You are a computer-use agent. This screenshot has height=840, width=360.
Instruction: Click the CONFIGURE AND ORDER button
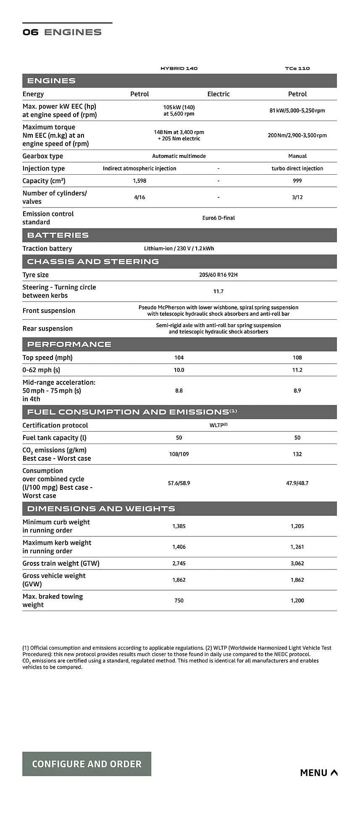pyautogui.click(x=87, y=764)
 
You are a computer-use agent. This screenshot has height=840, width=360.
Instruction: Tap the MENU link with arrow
pyautogui.click(x=318, y=772)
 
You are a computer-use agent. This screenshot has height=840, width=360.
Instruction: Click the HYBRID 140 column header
pyautogui.click(x=179, y=68)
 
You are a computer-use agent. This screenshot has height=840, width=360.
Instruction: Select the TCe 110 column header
pyautogui.click(x=297, y=68)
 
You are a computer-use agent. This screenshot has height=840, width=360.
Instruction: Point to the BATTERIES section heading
pyautogui.click(x=58, y=235)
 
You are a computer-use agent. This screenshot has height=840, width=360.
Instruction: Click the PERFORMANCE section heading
pyautogui.click(x=69, y=344)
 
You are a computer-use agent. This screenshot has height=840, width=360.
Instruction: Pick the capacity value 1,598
pyautogui.click(x=139, y=181)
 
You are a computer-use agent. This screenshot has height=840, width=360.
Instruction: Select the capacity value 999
pyautogui.click(x=297, y=181)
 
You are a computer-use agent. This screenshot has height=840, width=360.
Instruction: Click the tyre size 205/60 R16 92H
pyautogui.click(x=218, y=275)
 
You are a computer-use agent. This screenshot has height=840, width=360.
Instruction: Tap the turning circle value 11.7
pyautogui.click(x=218, y=291)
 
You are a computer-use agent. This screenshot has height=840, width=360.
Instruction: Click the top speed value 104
pyautogui.click(x=179, y=357)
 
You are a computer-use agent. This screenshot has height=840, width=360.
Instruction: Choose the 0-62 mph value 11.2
pyautogui.click(x=297, y=370)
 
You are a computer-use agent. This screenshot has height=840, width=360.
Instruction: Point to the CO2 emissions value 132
pyautogui.click(x=297, y=454)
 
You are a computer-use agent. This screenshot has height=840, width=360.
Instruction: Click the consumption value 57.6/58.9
pyautogui.click(x=179, y=483)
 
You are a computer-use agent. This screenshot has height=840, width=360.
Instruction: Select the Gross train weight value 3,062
pyautogui.click(x=297, y=563)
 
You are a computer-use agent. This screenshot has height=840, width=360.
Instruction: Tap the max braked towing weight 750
pyautogui.click(x=179, y=601)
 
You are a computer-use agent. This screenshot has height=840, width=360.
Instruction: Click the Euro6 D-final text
pyautogui.click(x=218, y=218)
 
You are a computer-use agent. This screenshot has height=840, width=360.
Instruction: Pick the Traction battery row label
pyautogui.click(x=47, y=249)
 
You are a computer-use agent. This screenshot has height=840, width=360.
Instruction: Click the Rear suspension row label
pyautogui.click(x=47, y=328)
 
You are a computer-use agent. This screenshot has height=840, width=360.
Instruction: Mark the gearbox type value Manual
pyautogui.click(x=297, y=156)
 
